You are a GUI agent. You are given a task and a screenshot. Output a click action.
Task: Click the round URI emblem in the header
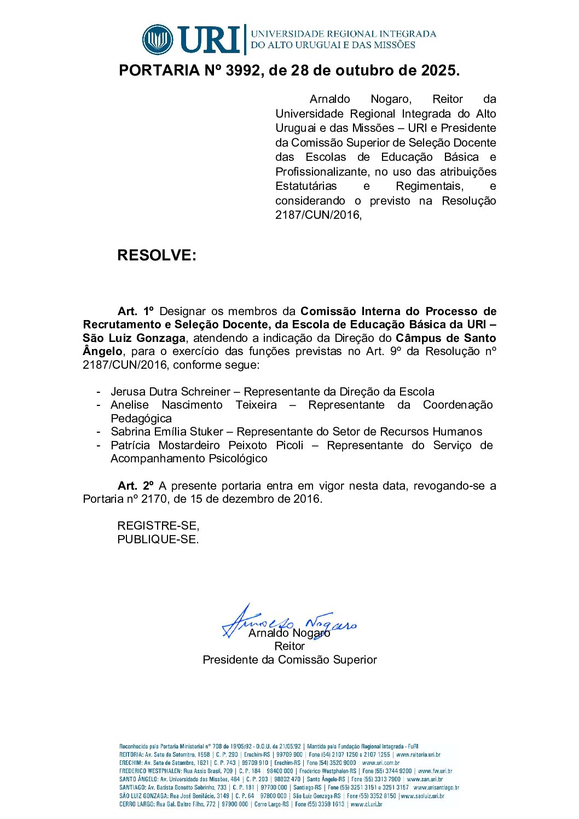pos(158,39)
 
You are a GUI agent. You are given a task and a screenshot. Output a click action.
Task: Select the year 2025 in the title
pos(438,71)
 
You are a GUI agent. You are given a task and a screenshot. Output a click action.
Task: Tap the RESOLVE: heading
pos(157,255)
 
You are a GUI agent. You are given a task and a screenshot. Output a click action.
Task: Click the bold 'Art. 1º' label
pos(136,311)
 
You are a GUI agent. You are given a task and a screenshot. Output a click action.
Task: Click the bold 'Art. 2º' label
pos(136,486)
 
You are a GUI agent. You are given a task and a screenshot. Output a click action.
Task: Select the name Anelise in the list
pos(130,405)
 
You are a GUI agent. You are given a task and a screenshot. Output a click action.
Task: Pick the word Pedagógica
pos(141,419)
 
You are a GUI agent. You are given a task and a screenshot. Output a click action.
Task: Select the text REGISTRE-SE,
pos(158,526)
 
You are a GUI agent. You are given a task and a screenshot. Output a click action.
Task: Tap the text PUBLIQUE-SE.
pos(158,539)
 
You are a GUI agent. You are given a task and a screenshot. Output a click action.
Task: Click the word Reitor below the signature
pos(289,646)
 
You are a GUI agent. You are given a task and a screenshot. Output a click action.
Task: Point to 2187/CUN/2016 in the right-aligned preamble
pos(318,215)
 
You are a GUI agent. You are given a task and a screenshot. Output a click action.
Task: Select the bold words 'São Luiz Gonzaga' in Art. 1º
pos(134,338)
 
